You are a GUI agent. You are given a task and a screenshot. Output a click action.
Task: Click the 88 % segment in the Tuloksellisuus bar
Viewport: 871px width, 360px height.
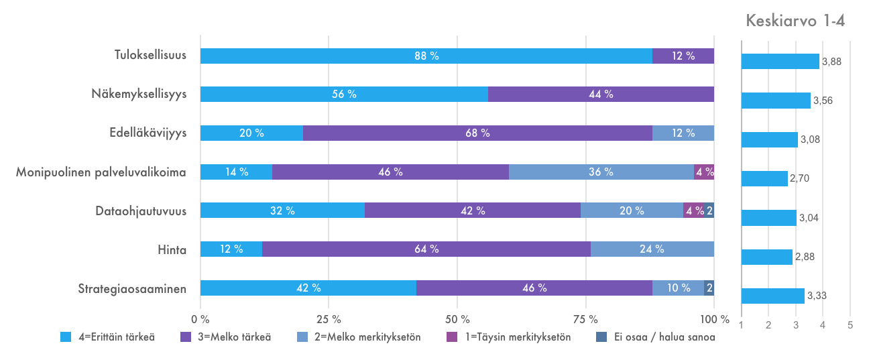[x=426, y=56]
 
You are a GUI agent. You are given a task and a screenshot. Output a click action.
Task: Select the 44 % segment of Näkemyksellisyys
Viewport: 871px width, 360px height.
[x=601, y=95]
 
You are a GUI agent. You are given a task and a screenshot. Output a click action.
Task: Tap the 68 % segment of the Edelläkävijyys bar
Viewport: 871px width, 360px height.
[x=477, y=133]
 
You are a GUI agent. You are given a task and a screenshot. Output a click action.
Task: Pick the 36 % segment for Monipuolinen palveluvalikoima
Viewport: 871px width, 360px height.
[x=601, y=172]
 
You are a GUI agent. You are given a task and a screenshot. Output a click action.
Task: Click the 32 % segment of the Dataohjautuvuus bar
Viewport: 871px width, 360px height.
[x=282, y=211]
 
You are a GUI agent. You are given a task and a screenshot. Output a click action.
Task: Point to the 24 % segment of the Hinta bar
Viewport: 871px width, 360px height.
[x=652, y=249]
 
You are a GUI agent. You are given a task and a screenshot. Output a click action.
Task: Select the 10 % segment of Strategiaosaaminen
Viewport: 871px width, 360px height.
[x=678, y=288]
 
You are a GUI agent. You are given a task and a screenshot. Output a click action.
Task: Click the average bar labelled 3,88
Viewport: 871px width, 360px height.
[x=780, y=62]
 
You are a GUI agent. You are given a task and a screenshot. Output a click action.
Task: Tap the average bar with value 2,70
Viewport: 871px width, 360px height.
[x=764, y=178]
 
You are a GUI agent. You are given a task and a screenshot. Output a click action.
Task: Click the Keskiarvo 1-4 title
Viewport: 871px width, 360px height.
[x=795, y=21]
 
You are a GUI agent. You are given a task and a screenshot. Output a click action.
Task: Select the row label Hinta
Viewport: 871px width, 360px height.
[x=172, y=249]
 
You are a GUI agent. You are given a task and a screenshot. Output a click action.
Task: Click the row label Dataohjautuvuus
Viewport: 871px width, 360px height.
[x=140, y=211]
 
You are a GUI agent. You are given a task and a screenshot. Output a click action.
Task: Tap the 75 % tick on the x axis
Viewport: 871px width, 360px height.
[x=585, y=318]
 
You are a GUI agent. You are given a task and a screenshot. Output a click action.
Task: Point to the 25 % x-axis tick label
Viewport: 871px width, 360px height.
[x=329, y=318]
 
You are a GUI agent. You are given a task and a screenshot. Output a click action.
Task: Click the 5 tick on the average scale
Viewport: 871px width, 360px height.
[x=850, y=325]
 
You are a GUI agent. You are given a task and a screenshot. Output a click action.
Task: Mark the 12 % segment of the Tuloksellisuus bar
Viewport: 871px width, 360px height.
[x=683, y=56]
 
